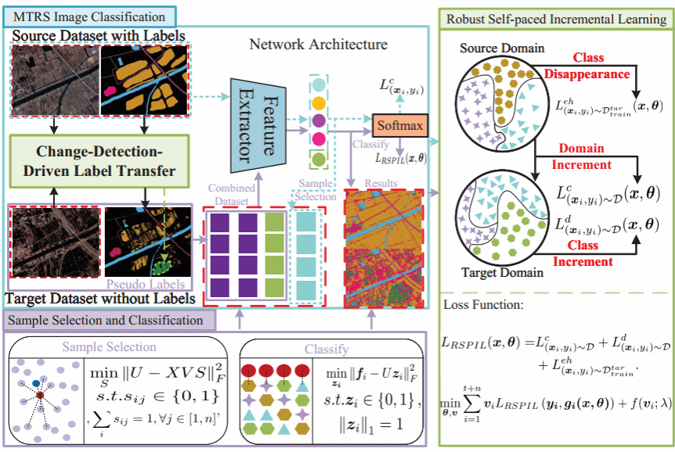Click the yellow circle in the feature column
(x=319, y=102)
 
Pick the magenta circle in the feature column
(x=319, y=140)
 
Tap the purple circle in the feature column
(x=319, y=121)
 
